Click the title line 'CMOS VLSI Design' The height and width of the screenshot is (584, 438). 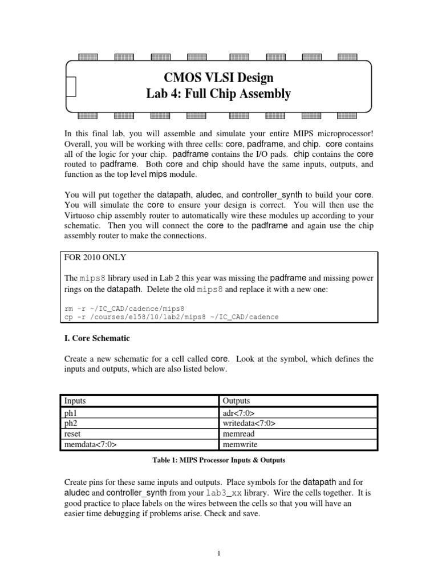pos(218,78)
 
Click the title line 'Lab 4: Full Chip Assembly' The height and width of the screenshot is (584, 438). pos(218,94)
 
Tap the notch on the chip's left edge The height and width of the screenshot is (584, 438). pos(71,86)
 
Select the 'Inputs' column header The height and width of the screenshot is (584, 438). pos(75,401)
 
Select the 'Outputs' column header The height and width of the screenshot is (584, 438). pos(236,401)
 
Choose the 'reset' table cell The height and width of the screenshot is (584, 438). pos(72,433)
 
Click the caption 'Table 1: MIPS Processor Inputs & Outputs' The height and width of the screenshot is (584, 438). pos(218,460)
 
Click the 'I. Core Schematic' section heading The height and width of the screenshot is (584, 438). pos(96,338)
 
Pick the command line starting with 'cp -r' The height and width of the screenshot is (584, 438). pos(171,317)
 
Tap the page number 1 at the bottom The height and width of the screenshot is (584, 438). pos(218,553)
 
